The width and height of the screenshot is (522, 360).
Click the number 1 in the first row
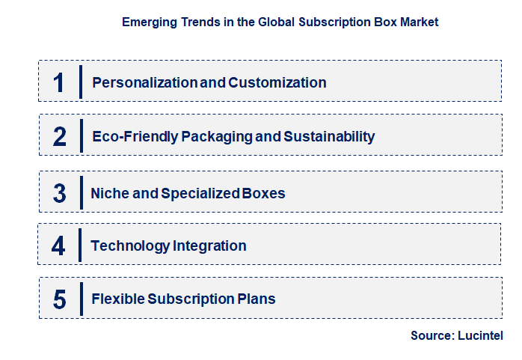[x=59, y=82]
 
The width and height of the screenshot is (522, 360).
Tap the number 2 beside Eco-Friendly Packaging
[x=60, y=136]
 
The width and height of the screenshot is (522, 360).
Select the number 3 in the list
[x=60, y=193]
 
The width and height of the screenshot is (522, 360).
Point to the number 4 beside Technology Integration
[x=59, y=245]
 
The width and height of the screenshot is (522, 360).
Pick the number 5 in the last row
[x=60, y=299]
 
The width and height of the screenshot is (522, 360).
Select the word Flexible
[x=117, y=299]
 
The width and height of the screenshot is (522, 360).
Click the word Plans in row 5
[x=257, y=299]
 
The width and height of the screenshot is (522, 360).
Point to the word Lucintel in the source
[x=480, y=336]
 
